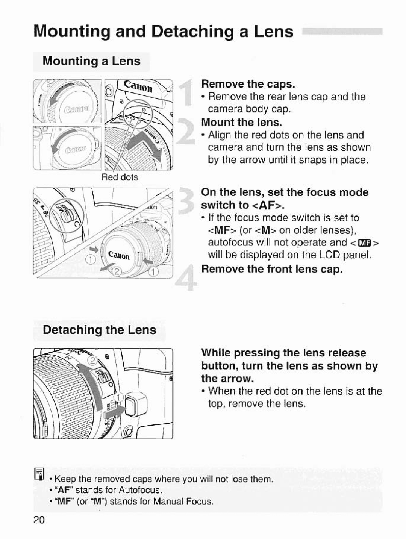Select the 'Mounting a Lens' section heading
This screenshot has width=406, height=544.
[91, 61]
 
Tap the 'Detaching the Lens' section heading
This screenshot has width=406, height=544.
[99, 330]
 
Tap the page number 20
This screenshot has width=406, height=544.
[39, 520]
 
